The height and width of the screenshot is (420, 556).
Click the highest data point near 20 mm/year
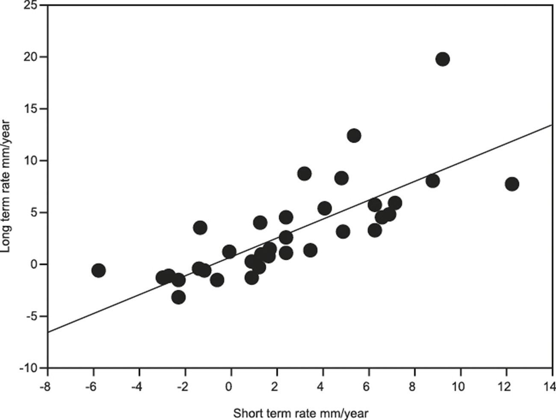tap(442, 59)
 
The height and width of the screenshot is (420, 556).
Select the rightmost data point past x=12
tap(512, 184)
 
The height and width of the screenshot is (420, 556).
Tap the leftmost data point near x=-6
tap(98, 270)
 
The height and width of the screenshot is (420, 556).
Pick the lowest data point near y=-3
tap(178, 297)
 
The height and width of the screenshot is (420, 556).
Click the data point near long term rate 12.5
tap(354, 136)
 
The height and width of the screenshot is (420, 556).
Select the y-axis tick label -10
tap(30, 368)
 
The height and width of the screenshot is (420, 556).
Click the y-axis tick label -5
tap(33, 316)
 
